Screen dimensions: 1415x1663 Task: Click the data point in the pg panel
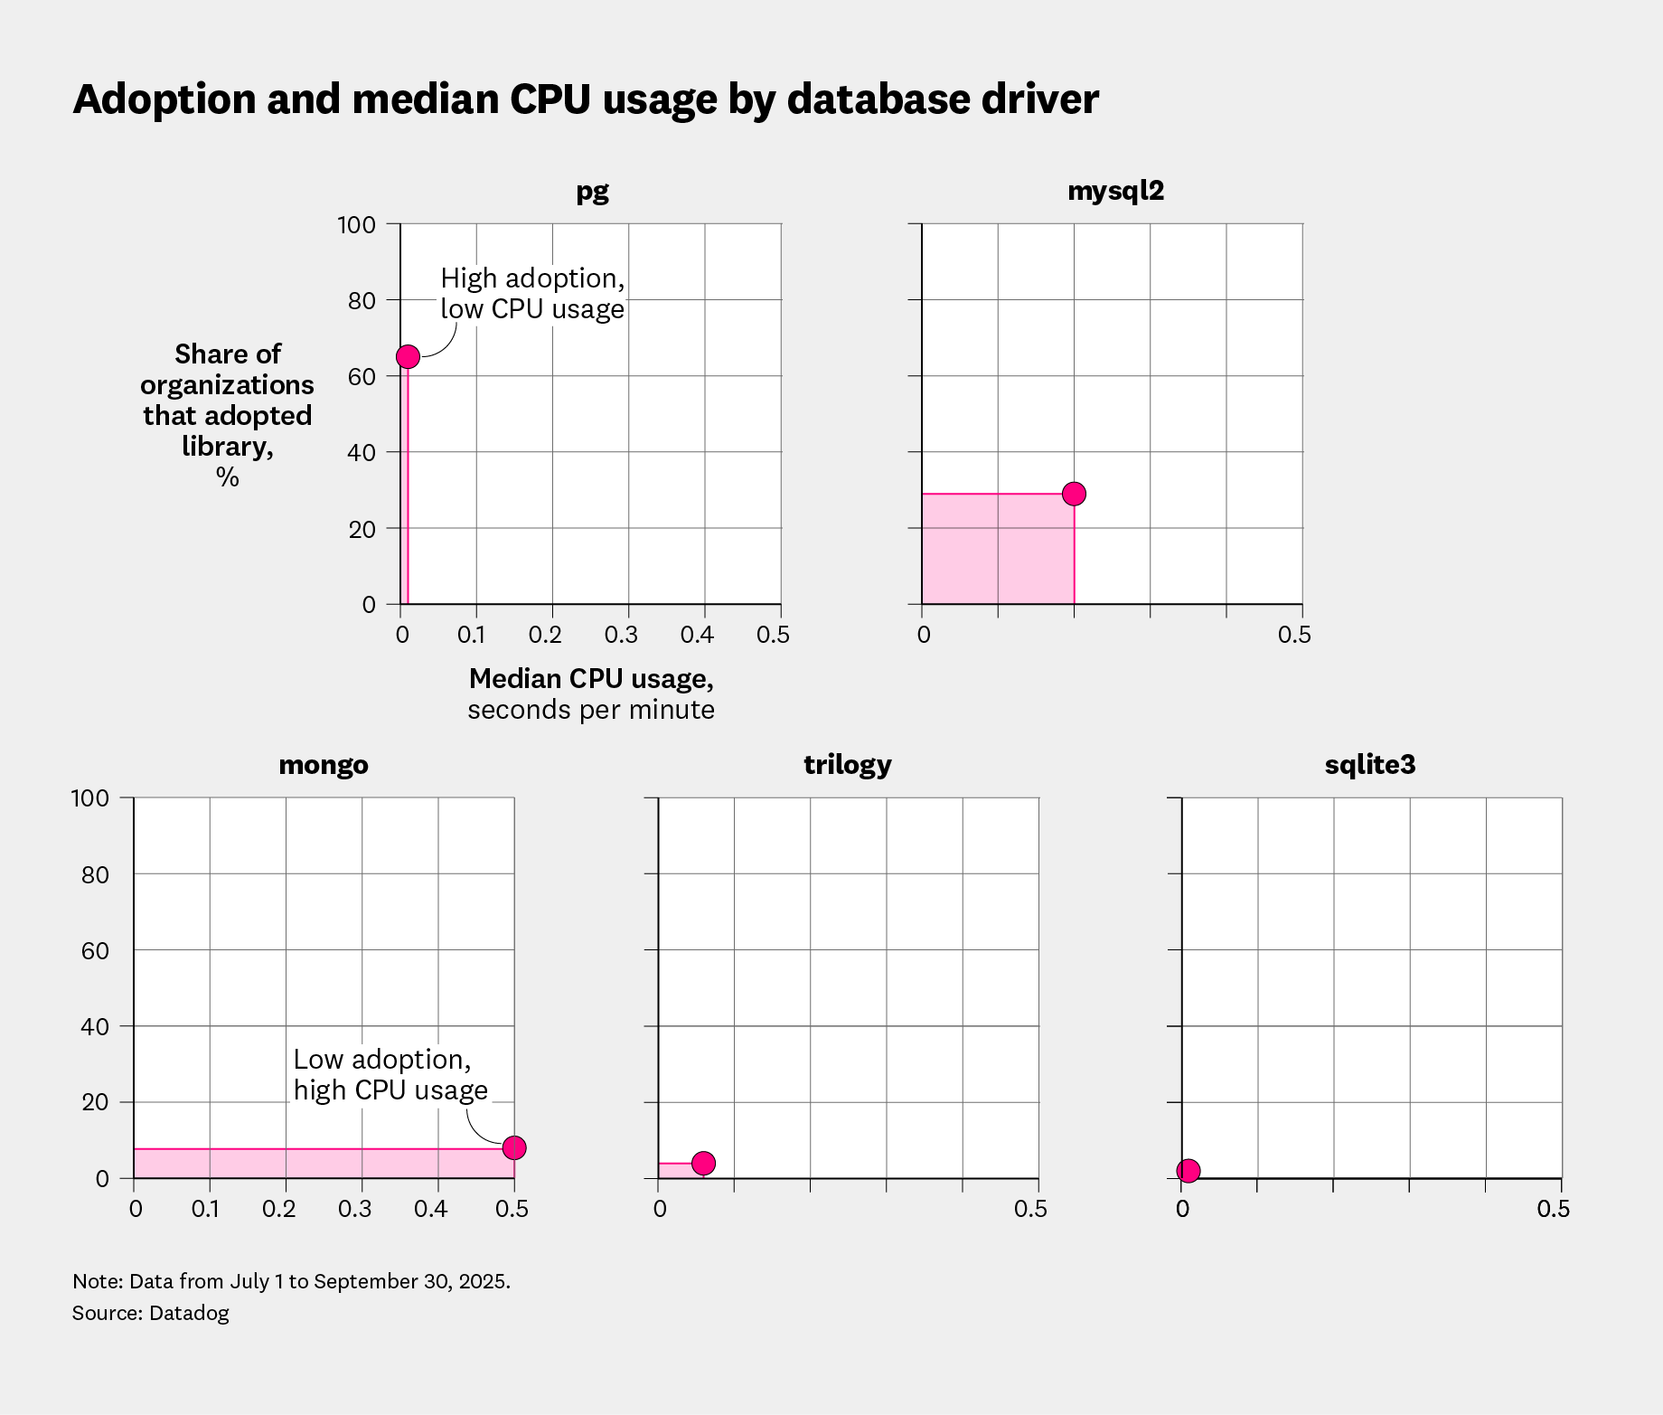[x=408, y=356]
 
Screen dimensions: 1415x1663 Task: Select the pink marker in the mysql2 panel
[x=1074, y=494]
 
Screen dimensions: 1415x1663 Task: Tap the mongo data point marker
[x=514, y=1147]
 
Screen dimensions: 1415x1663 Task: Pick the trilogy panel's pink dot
[x=703, y=1163]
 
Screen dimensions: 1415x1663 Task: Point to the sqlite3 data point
[x=1189, y=1171]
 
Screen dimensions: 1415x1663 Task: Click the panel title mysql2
[x=1115, y=191]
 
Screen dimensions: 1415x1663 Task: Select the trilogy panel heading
[x=847, y=765]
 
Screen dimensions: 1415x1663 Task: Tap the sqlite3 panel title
[x=1369, y=765]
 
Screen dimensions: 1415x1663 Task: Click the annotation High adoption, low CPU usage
[x=532, y=293]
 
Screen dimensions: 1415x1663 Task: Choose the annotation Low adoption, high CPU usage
[x=390, y=1074]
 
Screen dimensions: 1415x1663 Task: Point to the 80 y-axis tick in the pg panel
[x=362, y=300]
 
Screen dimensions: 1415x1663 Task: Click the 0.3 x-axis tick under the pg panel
[x=621, y=635]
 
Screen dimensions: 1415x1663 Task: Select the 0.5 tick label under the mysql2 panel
[x=1293, y=635]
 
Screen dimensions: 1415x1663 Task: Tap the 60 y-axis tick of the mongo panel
[x=95, y=950]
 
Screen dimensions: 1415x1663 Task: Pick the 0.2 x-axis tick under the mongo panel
[x=278, y=1209]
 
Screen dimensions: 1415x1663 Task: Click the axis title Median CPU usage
[x=591, y=678]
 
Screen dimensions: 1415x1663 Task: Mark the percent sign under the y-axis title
[x=227, y=476]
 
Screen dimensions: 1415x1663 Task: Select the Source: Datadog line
[x=151, y=1313]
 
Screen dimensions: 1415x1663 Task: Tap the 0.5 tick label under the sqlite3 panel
[x=1553, y=1209]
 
